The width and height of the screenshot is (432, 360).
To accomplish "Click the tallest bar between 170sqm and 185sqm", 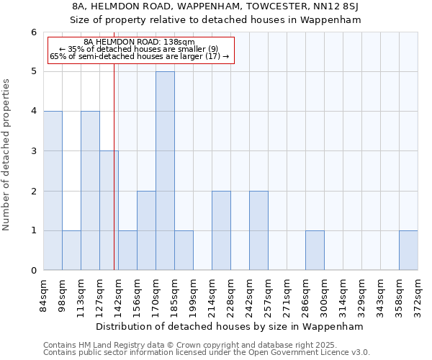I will (x=165, y=171).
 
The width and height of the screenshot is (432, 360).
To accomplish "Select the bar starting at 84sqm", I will (x=53, y=191).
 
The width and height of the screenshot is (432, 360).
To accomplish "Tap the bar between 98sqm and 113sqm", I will (x=71, y=251).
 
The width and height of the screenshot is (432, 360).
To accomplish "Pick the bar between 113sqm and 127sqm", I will (x=90, y=191).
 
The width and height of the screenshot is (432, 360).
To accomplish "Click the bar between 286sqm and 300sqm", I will (x=315, y=251).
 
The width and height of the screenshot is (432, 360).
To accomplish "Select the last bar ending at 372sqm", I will (x=408, y=251).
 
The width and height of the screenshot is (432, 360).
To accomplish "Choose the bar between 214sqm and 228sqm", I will (x=221, y=230).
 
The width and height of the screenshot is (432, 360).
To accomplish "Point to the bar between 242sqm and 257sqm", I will (x=258, y=230).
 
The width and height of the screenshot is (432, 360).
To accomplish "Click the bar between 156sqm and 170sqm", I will (x=146, y=230).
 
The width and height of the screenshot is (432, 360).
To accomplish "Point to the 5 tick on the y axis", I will (x=33, y=72).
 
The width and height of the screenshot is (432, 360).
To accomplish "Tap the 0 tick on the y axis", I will (x=33, y=271).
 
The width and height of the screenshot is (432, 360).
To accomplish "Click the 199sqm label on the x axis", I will (x=193, y=294).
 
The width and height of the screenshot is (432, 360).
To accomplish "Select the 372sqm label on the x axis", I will (x=418, y=294).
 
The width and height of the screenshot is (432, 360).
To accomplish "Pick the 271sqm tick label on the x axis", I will (x=287, y=294).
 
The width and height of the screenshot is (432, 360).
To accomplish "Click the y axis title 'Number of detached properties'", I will (x=7, y=154).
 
